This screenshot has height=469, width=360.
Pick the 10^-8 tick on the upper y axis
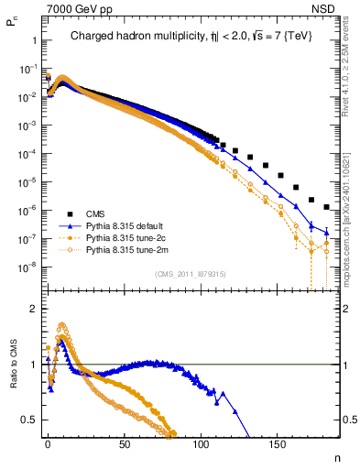pos(25,267)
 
